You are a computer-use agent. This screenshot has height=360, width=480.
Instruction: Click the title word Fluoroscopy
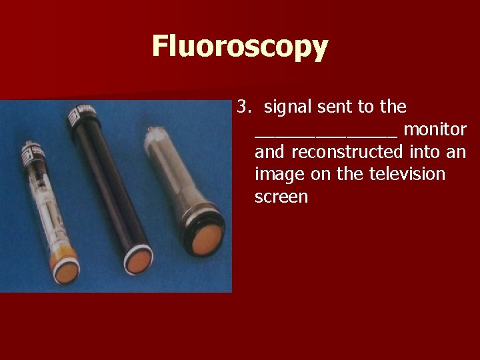(x=240, y=47)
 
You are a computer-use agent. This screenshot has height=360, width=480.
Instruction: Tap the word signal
(x=287, y=107)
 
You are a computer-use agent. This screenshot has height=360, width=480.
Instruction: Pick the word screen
(x=281, y=197)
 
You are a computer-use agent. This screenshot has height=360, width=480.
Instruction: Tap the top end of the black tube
(x=88, y=113)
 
